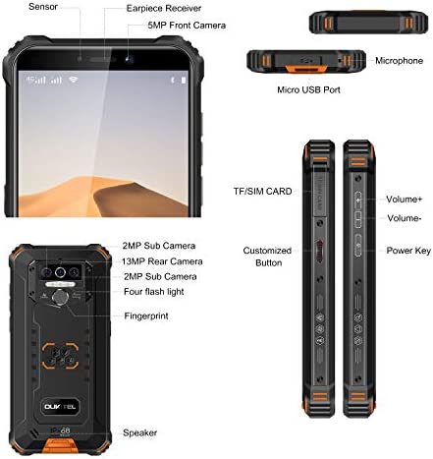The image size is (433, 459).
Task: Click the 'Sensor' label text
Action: (43, 7)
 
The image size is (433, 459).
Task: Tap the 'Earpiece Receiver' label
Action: (164, 8)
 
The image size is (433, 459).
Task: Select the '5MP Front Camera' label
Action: (187, 26)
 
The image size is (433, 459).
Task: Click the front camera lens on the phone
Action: (130, 59)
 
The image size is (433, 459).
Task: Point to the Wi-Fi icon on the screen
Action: (74, 80)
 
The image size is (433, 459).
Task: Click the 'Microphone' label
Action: (399, 61)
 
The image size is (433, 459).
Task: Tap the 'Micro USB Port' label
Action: (308, 89)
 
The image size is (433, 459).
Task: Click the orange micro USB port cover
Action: (306, 69)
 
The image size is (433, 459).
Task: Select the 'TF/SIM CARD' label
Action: (262, 192)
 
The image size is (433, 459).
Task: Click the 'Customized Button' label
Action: (267, 257)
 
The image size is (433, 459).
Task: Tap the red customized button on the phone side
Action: (319, 251)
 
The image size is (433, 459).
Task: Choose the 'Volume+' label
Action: (405, 200)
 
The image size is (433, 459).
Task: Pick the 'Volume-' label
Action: (405, 218)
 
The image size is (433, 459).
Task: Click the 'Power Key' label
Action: (408, 251)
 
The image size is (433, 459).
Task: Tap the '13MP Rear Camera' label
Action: (162, 261)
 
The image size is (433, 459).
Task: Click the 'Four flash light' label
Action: (154, 292)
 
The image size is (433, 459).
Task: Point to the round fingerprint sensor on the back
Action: (61, 298)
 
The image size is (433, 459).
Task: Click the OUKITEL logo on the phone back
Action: (60, 407)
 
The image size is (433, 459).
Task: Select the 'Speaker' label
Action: (139, 432)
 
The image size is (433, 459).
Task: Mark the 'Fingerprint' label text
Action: (146, 316)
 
